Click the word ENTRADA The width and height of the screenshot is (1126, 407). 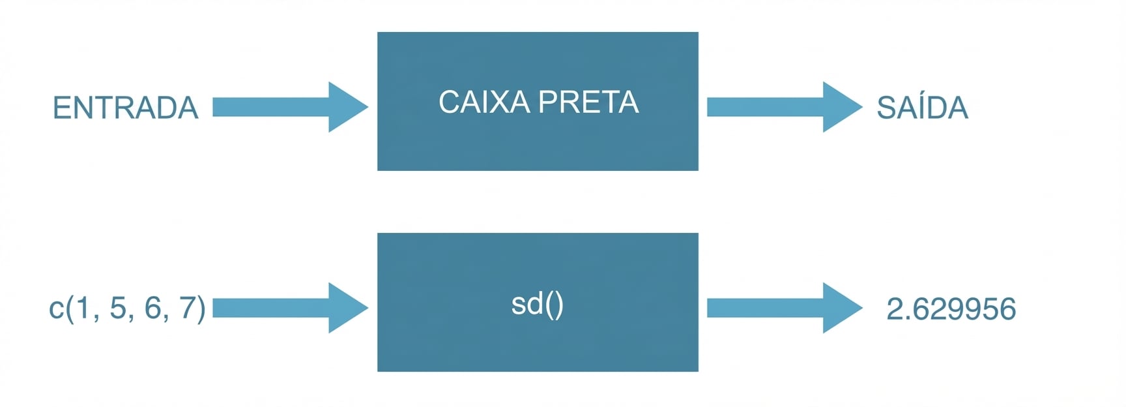pyautogui.click(x=125, y=108)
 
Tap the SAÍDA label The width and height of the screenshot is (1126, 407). pyautogui.click(x=922, y=108)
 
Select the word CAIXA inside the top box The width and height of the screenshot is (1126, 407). pyautogui.click(x=484, y=102)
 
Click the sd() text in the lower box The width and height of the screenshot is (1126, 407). pyautogui.click(x=537, y=305)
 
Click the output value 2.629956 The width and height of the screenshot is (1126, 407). pyautogui.click(x=951, y=309)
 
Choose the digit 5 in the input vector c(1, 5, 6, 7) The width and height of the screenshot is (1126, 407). pyautogui.click(x=118, y=308)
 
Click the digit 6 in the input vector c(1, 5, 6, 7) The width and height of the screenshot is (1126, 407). pyautogui.click(x=152, y=308)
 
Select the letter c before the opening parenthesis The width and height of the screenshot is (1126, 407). pyautogui.click(x=56, y=309)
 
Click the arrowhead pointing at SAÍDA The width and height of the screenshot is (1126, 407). pyautogui.click(x=843, y=107)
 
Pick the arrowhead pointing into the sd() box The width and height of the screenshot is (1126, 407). pyautogui.click(x=348, y=308)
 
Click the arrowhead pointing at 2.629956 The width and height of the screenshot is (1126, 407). pyautogui.click(x=843, y=308)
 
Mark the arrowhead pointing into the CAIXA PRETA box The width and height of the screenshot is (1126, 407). pyautogui.click(x=348, y=107)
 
